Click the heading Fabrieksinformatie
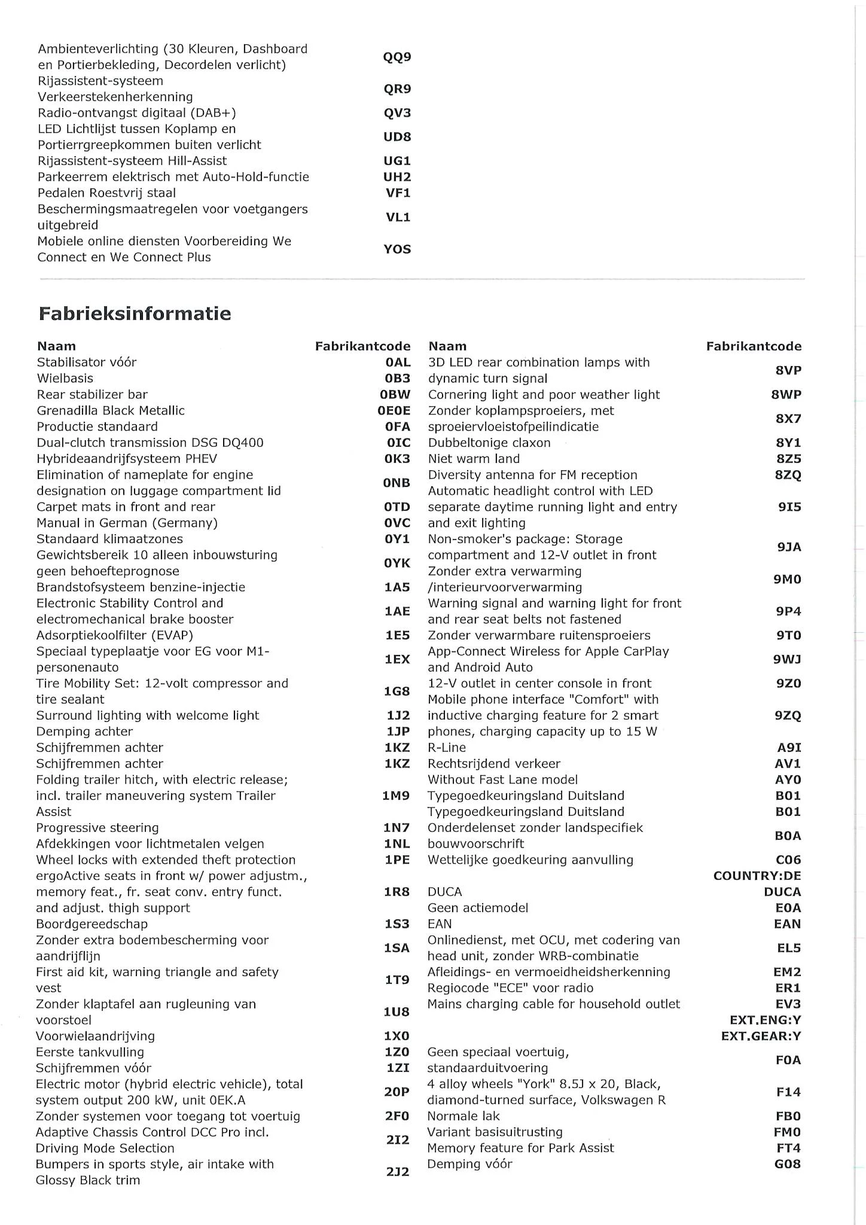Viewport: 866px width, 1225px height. point(135,313)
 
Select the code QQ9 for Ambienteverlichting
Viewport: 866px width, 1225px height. point(397,57)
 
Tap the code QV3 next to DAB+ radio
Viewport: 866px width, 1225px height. point(397,113)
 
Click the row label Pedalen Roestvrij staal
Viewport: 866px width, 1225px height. point(106,193)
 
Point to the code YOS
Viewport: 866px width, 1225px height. point(397,249)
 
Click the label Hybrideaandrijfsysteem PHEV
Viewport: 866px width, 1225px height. point(127,459)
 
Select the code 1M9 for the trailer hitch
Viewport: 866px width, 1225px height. point(396,796)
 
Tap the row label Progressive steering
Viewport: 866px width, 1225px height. point(97,828)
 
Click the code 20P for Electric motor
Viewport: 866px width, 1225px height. point(397,1092)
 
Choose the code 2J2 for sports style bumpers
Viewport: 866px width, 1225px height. point(397,1172)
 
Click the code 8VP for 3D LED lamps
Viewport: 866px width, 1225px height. point(788,370)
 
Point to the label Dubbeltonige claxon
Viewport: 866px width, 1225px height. point(489,443)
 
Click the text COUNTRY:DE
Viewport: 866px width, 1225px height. point(757,876)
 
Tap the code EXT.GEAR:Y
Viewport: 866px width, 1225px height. point(761,1036)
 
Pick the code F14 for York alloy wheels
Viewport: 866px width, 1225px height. point(788,1092)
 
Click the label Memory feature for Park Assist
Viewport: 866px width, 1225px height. point(520,1148)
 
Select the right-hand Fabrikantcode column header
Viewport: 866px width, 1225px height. point(754,346)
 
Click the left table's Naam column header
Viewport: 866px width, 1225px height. point(56,346)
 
